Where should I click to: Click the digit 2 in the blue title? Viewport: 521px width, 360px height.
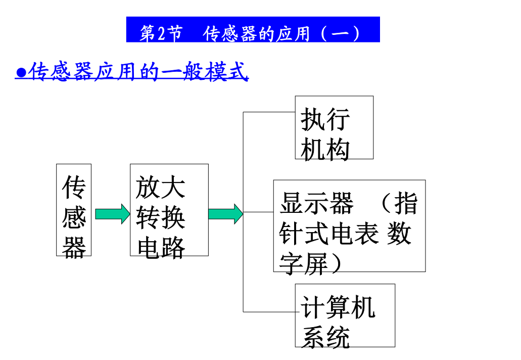[161, 33]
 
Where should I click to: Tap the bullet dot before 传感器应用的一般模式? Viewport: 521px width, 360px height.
[21, 72]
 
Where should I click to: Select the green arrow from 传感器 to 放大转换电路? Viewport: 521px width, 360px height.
[112, 214]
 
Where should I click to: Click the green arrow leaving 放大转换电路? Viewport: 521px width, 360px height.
[225, 214]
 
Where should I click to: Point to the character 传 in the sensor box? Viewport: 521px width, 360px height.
[74, 188]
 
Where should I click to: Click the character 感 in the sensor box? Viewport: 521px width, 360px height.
[74, 218]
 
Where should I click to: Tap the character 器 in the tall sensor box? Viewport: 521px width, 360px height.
[74, 248]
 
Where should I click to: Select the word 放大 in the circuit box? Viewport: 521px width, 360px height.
[161, 188]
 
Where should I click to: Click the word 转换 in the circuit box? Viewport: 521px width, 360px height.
[161, 218]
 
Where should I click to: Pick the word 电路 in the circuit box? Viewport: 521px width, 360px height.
[161, 248]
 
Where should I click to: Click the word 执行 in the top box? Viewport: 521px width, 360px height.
[325, 119]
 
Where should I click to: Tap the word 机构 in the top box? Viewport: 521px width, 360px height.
[325, 150]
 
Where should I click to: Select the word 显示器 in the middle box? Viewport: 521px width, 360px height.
[316, 203]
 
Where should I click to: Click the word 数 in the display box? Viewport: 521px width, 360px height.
[399, 234]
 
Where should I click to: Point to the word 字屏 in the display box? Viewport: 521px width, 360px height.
[304, 264]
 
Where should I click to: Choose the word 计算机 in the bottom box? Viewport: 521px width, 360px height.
[338, 307]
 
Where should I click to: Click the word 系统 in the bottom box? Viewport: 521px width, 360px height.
[325, 337]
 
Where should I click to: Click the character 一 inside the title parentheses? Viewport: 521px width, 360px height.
[340, 33]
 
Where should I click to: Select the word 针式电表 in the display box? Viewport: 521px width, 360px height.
[328, 234]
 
